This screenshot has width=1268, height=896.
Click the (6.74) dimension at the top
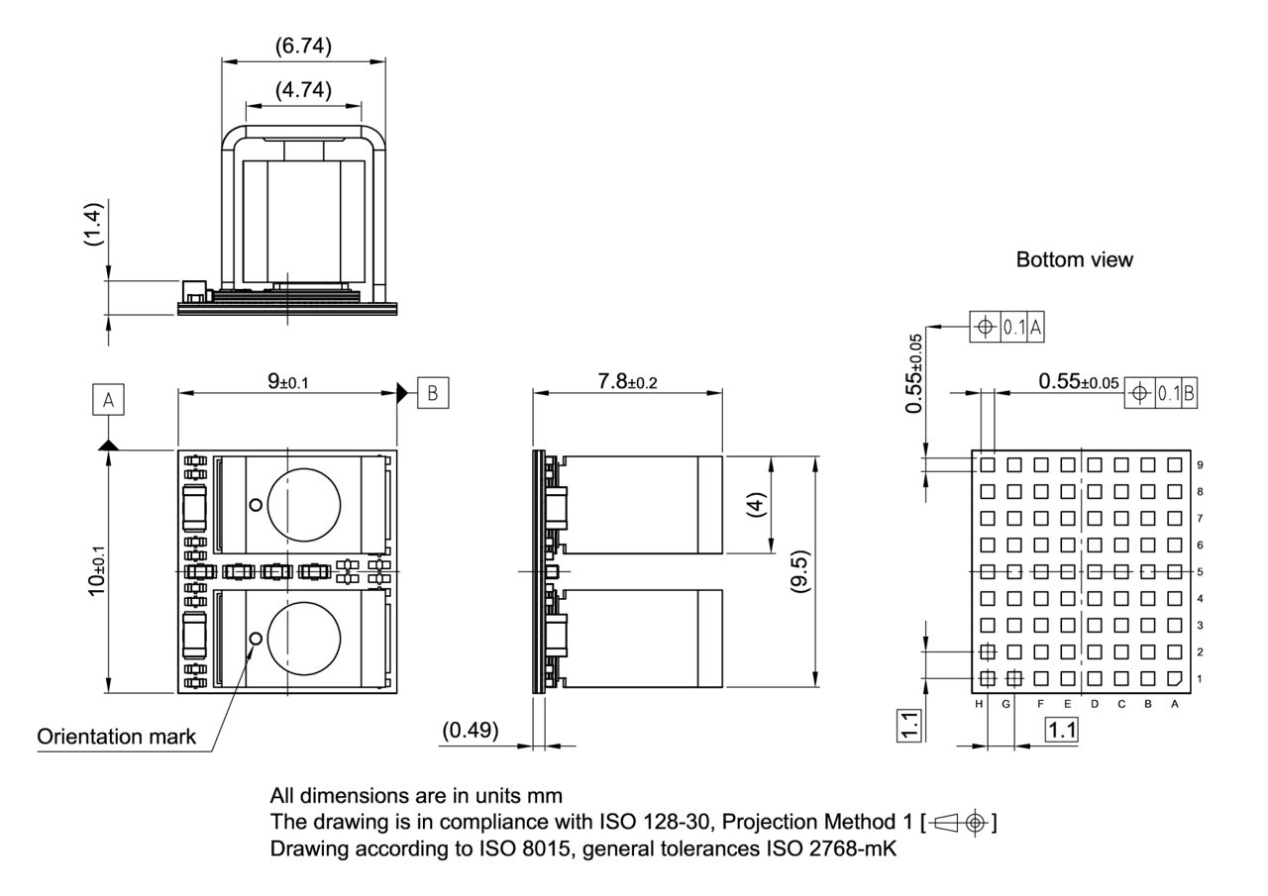click(x=303, y=46)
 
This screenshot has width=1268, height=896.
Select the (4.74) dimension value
click(x=303, y=89)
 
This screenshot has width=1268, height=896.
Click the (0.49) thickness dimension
click(x=471, y=730)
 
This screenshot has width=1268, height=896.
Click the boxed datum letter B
click(x=432, y=391)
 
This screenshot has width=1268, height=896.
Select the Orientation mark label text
click(x=116, y=737)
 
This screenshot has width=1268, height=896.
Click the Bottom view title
click(x=1074, y=259)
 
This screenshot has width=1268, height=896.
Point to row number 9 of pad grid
click(x=1200, y=464)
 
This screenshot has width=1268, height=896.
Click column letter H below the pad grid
click(x=979, y=704)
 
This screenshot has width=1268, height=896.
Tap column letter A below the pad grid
click(x=1175, y=704)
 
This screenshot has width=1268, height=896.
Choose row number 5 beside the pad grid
click(x=1200, y=571)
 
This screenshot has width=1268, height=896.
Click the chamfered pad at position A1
click(x=1175, y=679)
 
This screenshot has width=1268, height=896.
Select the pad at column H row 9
click(x=988, y=464)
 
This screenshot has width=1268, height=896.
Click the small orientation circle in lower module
click(x=256, y=639)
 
